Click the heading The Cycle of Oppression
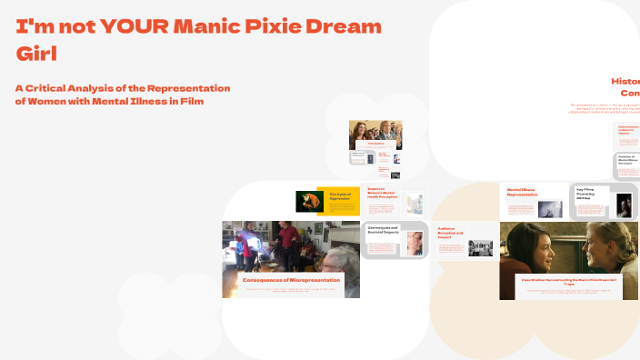[x=339, y=195]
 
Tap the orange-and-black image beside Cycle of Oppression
[x=305, y=201]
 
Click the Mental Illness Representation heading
[x=524, y=192]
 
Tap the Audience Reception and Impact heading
[x=451, y=234]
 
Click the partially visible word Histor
[x=625, y=80]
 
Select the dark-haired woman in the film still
[x=536, y=250]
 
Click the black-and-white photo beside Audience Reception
[x=480, y=246]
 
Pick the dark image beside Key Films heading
[x=624, y=205]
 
